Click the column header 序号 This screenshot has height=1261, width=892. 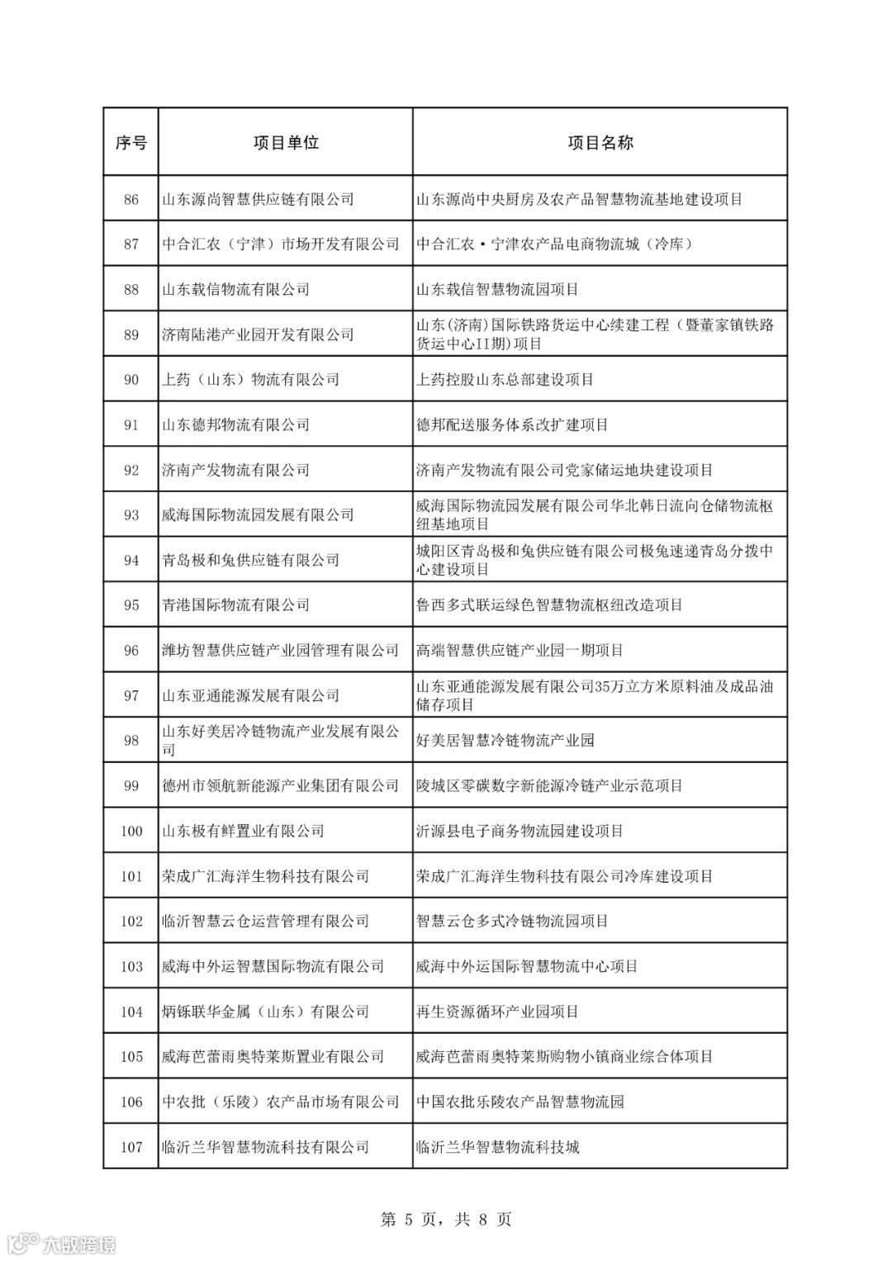(x=130, y=143)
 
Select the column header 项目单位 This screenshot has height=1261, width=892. (x=286, y=143)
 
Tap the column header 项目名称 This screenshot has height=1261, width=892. (x=600, y=143)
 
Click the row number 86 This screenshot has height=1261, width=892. (x=131, y=199)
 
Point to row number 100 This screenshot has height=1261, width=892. (x=131, y=832)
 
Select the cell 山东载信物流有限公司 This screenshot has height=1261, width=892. (x=236, y=290)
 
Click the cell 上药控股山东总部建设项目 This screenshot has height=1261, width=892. (x=505, y=380)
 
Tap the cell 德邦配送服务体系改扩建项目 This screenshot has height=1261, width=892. (x=513, y=425)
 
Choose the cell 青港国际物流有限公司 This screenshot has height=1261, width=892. (x=236, y=605)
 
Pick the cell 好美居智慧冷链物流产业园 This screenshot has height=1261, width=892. (x=505, y=741)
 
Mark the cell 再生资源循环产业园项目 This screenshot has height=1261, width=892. (x=498, y=1012)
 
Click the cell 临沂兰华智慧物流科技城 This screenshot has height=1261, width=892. (x=498, y=1147)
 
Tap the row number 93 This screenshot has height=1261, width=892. (x=131, y=515)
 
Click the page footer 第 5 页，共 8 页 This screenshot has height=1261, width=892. (x=446, y=1219)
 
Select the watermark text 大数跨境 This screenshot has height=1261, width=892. (x=79, y=1244)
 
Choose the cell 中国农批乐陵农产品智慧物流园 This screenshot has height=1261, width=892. (x=520, y=1102)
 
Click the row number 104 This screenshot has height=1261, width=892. (x=131, y=1012)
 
